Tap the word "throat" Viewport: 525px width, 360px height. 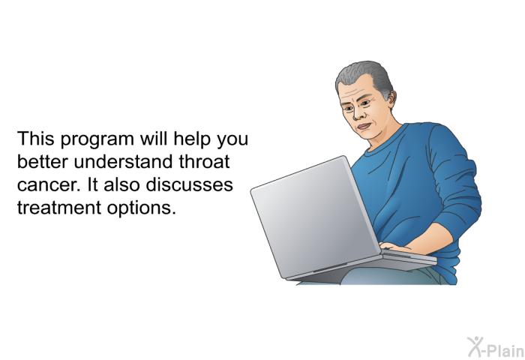click(x=204, y=161)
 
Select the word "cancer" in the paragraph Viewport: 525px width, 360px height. click(x=47, y=185)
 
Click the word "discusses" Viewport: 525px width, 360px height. click(x=189, y=184)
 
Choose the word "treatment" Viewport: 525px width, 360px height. click(x=59, y=208)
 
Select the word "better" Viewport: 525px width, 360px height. click(x=43, y=161)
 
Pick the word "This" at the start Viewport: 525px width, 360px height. click(x=35, y=138)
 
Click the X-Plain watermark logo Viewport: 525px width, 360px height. click(x=496, y=347)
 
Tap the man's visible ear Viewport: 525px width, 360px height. click(x=391, y=98)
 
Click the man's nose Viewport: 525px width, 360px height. click(x=358, y=113)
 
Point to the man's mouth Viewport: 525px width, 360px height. click(x=364, y=127)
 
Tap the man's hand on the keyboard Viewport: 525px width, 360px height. click(x=397, y=247)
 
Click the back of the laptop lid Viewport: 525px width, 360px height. click(x=315, y=217)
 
